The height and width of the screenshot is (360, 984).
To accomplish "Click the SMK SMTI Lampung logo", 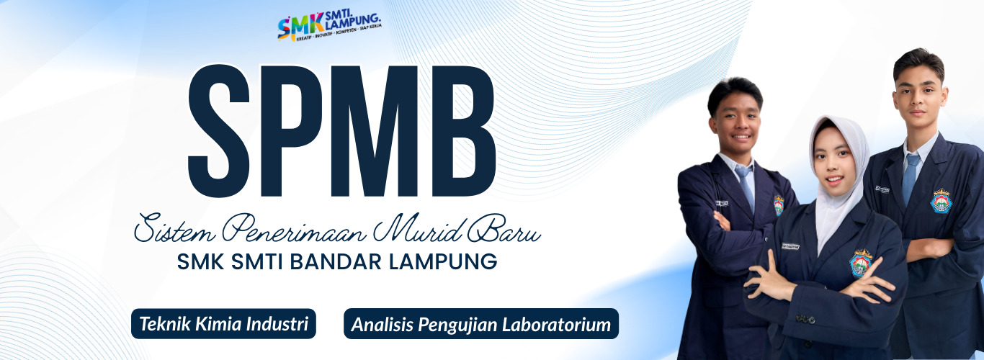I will (x=329, y=27).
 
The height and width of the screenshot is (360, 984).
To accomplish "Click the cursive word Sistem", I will (x=173, y=229).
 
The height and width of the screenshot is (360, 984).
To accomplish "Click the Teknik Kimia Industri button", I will (x=223, y=323).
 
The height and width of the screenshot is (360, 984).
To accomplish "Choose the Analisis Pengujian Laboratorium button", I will (x=481, y=324).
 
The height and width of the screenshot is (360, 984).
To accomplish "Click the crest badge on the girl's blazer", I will (x=860, y=263).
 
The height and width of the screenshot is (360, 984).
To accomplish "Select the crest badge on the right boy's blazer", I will (x=941, y=200).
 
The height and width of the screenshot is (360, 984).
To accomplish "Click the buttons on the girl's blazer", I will (x=805, y=318).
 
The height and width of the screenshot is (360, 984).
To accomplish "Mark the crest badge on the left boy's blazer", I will (x=779, y=205).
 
